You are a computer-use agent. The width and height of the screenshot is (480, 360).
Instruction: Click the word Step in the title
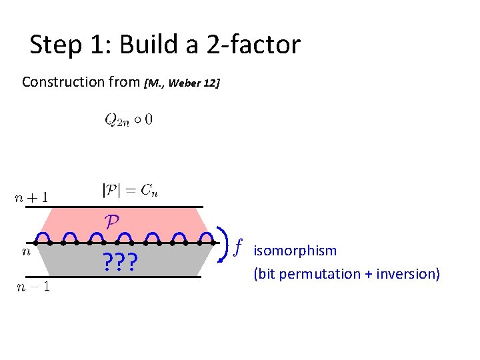point(53,45)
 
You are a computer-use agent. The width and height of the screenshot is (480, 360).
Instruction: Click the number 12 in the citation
point(213,83)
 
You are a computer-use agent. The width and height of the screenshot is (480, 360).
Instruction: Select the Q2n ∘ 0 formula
point(128,120)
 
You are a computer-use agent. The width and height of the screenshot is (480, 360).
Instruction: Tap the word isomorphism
point(295,251)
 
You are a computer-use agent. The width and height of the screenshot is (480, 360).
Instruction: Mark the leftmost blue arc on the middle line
point(44,237)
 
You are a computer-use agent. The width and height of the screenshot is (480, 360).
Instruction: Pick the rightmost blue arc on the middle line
point(209,237)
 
